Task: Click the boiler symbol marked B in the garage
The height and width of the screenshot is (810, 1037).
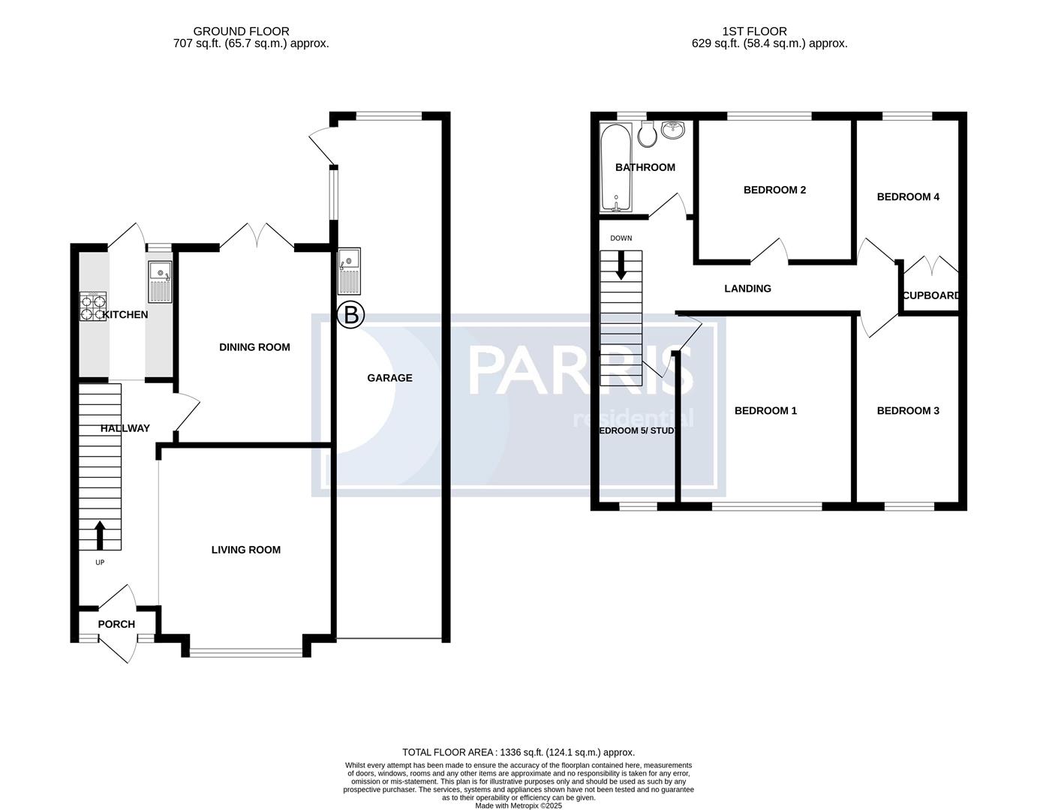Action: click(x=350, y=315)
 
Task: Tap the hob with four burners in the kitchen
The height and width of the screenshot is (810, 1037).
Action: click(x=92, y=306)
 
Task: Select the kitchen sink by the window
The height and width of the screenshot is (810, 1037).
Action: click(x=160, y=271)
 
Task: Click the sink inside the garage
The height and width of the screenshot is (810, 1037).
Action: click(x=350, y=271)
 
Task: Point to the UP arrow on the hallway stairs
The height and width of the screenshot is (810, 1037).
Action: click(x=100, y=535)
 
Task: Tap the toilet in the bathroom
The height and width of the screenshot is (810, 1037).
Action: click(x=647, y=134)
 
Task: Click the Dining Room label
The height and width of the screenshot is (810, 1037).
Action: click(x=254, y=347)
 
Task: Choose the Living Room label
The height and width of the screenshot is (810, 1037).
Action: click(x=245, y=550)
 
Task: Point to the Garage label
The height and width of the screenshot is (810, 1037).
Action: click(x=389, y=378)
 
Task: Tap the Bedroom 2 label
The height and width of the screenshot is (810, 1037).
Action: click(x=774, y=190)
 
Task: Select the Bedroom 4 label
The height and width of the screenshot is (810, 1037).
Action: click(x=908, y=196)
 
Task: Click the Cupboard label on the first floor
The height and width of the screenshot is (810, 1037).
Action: click(x=930, y=295)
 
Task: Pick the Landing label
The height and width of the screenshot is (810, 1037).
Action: click(x=747, y=288)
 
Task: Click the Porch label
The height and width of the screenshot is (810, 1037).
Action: click(x=116, y=624)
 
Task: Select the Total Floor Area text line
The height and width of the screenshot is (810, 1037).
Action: click(x=518, y=752)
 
